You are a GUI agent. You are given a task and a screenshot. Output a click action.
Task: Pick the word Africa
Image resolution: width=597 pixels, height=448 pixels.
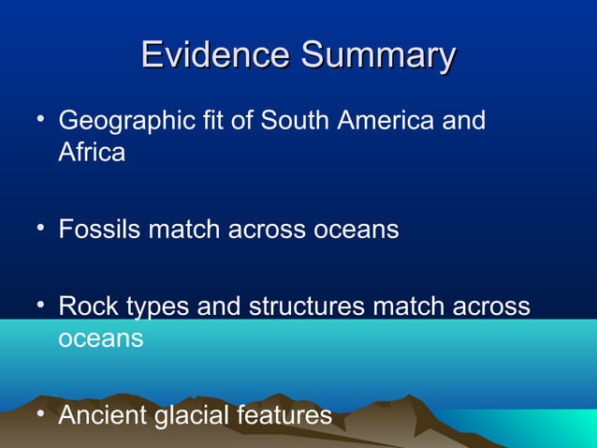[x=92, y=152]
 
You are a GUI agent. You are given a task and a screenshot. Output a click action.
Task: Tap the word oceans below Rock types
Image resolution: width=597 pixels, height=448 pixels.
[x=101, y=338]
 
